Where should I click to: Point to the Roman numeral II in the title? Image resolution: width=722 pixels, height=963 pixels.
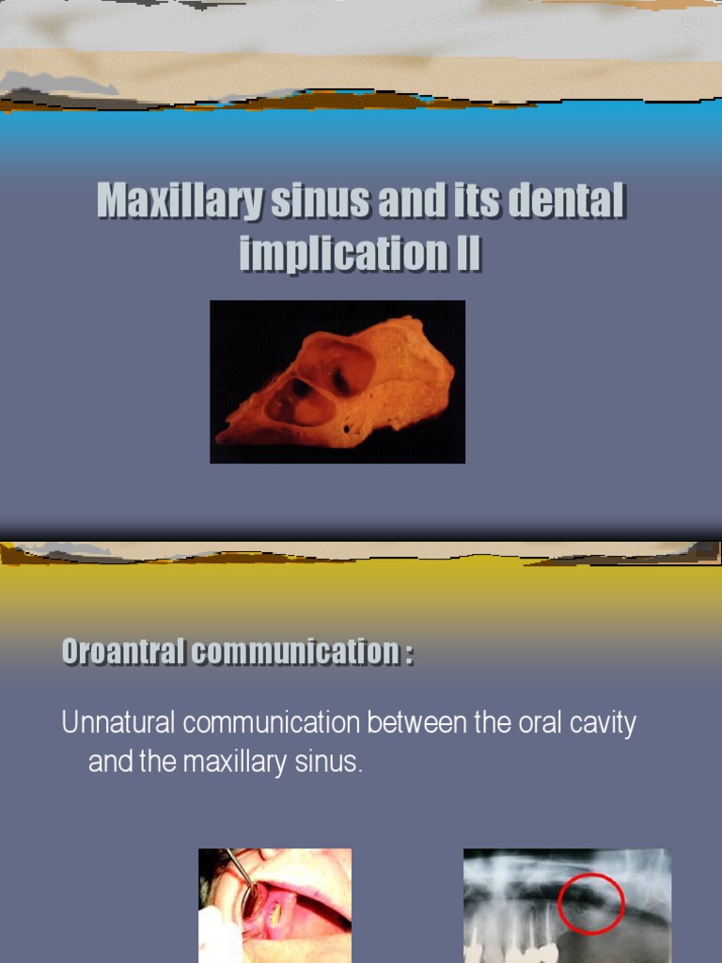click(467, 254)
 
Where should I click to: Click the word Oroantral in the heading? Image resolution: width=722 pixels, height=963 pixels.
click(123, 651)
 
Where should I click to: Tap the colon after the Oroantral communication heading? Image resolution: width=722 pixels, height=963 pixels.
click(410, 653)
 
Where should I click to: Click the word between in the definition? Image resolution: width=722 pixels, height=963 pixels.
click(410, 723)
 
